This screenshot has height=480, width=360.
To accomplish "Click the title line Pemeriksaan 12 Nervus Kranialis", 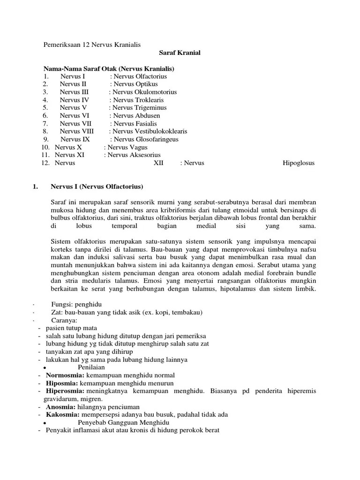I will pos(92,45).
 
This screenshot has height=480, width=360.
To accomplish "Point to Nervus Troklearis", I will pos(138,100).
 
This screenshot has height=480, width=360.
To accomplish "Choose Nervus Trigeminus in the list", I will pos(139,108).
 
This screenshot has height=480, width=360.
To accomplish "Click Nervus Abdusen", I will pos(136,115).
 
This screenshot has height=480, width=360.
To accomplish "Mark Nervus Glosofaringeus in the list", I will pos(146,139).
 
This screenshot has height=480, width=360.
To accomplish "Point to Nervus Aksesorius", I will pos(134,155).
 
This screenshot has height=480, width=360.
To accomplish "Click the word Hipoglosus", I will pos(299,163).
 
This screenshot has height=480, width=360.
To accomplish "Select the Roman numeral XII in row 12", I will pos(159,163).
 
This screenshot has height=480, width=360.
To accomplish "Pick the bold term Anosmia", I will pos(61,407).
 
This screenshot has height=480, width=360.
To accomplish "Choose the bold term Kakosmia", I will pos(63,415).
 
